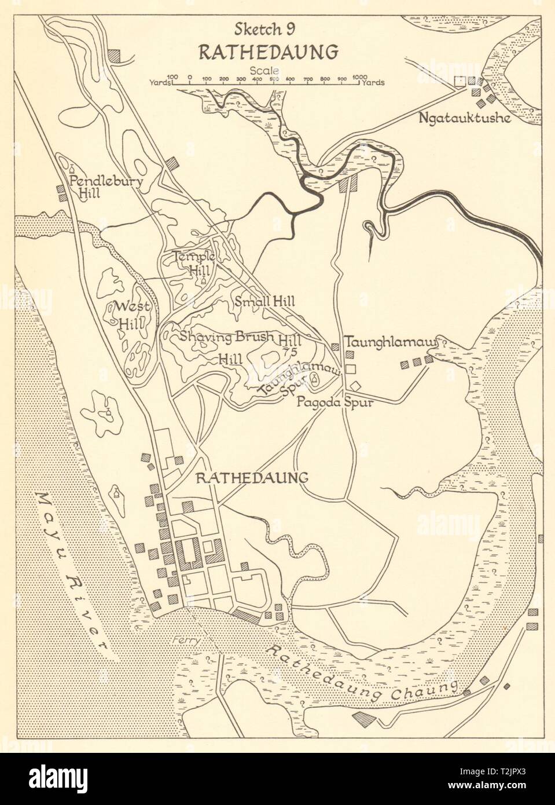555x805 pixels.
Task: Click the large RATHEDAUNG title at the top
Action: [268, 52]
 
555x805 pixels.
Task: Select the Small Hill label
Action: [265, 301]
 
